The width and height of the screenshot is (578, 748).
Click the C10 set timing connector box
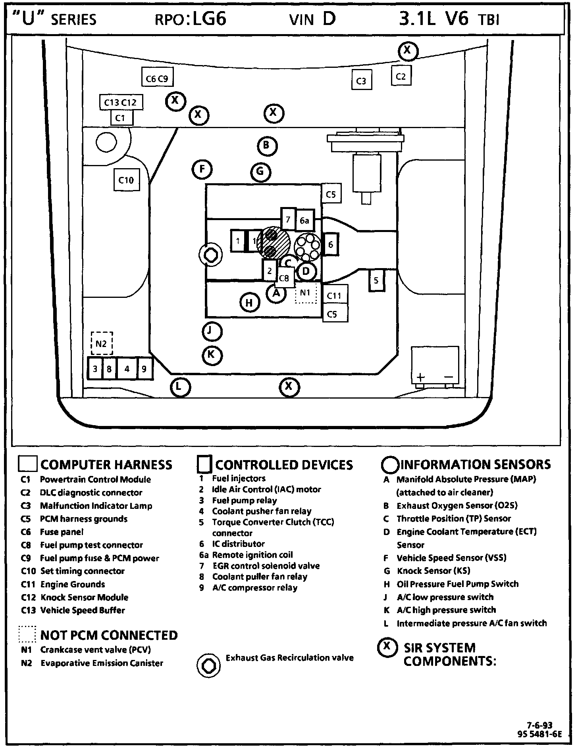[x=126, y=180]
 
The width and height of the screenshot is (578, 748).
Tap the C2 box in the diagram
[x=401, y=76]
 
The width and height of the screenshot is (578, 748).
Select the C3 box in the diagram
[x=361, y=81]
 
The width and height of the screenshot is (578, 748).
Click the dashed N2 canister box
[x=102, y=343]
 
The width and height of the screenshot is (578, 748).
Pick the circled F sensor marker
[x=202, y=170]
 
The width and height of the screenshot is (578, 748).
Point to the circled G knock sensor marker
[x=260, y=172]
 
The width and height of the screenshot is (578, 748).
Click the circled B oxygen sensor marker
[x=267, y=146]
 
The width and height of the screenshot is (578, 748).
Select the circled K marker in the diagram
[x=212, y=355]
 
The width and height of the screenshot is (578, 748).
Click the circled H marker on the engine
[x=249, y=303]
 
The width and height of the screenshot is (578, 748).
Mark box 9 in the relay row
[x=144, y=369]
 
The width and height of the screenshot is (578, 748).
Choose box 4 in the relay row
[x=127, y=369]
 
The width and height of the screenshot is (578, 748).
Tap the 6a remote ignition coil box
[x=304, y=221]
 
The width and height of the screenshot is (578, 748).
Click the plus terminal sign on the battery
[x=421, y=377]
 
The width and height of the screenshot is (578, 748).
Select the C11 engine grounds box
[x=334, y=295]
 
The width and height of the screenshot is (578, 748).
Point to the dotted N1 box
[x=305, y=293]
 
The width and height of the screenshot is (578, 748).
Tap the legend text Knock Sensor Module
[x=84, y=597]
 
